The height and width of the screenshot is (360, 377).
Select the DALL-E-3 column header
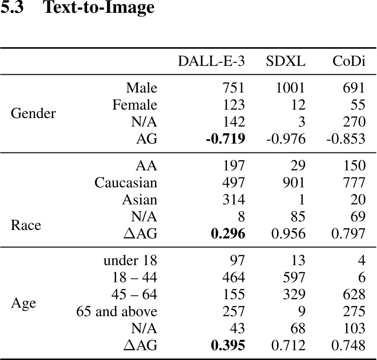point(211,61)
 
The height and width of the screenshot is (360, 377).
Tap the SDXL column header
point(285,61)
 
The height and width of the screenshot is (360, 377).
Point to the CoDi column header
point(348,61)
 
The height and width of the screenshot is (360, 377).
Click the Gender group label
point(33,114)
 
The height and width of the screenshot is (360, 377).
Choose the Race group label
point(26,225)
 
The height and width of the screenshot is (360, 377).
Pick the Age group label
point(23,303)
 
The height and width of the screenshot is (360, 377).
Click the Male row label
point(142,88)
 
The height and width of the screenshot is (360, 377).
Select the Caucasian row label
point(126,183)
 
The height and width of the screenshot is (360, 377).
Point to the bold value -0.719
point(225,139)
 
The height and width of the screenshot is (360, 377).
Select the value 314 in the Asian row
point(233,200)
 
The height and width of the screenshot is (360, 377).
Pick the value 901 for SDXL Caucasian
point(293,183)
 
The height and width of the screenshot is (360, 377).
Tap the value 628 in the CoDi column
point(354,294)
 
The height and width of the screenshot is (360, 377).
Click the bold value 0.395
point(228,346)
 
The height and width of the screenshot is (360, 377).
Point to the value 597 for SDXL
point(293,277)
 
